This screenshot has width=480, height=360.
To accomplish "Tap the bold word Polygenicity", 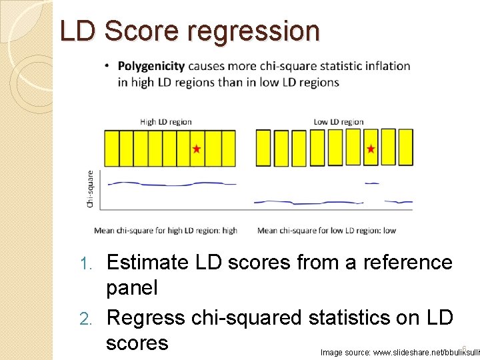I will (151, 66).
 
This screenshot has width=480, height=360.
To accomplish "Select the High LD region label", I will (165, 121).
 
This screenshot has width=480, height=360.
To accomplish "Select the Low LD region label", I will (339, 121).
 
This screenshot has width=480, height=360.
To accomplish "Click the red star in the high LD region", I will (197, 149).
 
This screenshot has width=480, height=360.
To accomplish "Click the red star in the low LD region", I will (371, 149).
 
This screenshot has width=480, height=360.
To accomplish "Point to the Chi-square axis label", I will (90, 189).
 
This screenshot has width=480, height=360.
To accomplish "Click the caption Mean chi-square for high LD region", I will (165, 231).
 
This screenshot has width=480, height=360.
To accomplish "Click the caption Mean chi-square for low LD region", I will (327, 231).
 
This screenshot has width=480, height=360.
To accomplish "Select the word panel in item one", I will (133, 289).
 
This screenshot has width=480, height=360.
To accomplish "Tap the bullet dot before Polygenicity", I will (108, 66).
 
